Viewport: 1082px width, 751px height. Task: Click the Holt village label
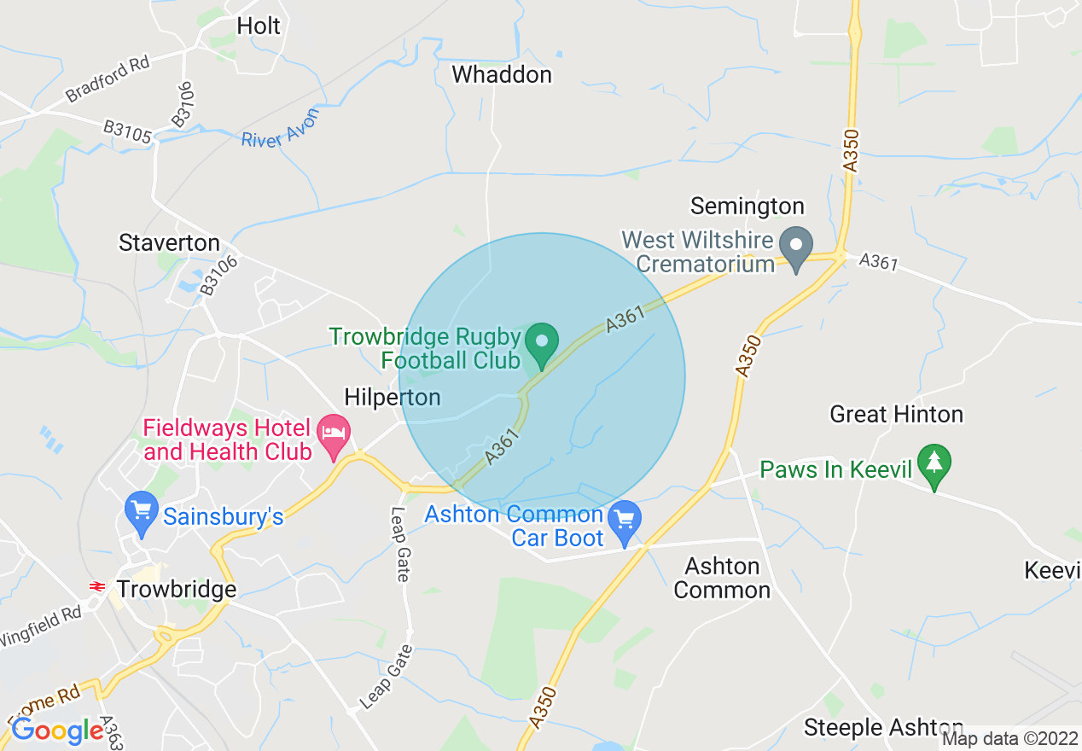click(x=259, y=26)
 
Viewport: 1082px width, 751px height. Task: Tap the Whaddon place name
click(x=502, y=75)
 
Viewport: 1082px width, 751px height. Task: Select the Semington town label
click(x=748, y=207)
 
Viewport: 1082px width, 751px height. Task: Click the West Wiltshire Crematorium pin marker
click(x=796, y=246)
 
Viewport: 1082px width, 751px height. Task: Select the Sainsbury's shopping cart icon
click(x=141, y=509)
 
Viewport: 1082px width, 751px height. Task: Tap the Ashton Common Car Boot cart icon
click(x=625, y=519)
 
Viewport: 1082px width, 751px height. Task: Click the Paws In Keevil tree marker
click(x=935, y=463)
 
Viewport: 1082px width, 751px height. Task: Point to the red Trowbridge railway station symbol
click(x=97, y=587)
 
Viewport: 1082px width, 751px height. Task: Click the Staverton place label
click(x=169, y=243)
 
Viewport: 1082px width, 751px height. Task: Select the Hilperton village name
click(x=393, y=397)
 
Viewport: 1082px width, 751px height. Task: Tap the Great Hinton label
click(x=897, y=415)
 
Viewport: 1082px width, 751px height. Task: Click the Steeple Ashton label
click(x=883, y=728)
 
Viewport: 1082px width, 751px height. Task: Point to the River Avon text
click(x=280, y=129)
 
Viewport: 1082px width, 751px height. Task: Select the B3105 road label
click(x=127, y=132)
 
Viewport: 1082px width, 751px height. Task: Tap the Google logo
click(x=57, y=731)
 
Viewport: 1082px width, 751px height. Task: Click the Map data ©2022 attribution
click(x=1010, y=739)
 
